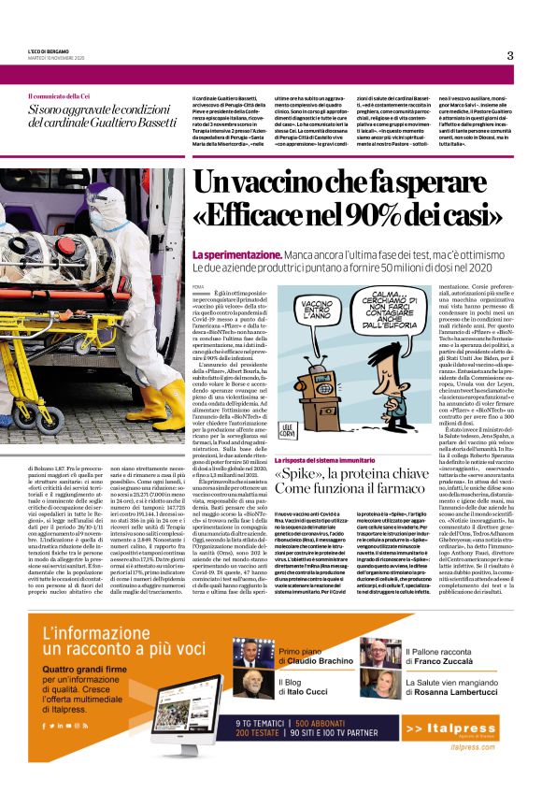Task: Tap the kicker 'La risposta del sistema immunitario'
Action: [328, 462]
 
